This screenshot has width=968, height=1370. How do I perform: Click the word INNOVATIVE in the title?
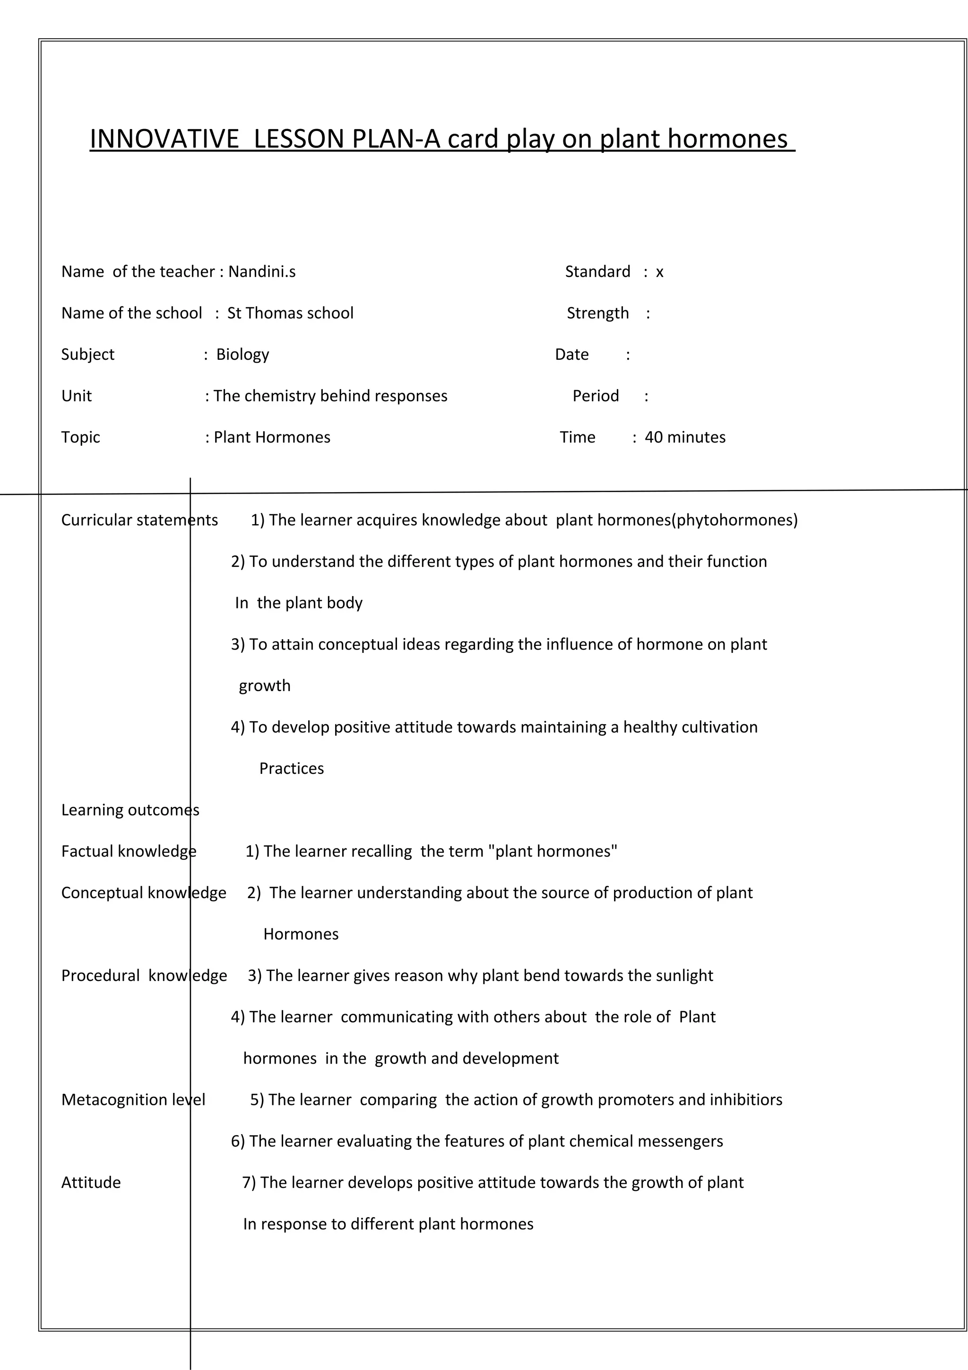(x=164, y=139)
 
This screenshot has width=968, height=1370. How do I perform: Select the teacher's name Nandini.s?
(x=262, y=272)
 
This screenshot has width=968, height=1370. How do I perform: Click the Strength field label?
(x=597, y=313)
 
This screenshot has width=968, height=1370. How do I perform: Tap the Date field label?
(x=571, y=355)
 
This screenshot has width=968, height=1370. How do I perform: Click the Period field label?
(x=595, y=396)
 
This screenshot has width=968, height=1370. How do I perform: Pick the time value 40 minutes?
(x=685, y=437)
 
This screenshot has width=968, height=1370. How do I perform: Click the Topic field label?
(x=80, y=437)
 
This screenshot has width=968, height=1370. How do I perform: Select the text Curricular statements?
(x=139, y=520)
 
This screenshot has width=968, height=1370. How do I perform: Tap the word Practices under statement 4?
(x=291, y=769)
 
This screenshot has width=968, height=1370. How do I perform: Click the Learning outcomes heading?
(x=130, y=810)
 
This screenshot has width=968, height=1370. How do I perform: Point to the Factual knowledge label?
(x=128, y=851)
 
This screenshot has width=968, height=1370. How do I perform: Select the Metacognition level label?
(x=133, y=1100)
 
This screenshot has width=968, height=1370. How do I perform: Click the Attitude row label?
(x=91, y=1183)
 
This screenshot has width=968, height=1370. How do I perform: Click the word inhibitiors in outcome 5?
(x=745, y=1100)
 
